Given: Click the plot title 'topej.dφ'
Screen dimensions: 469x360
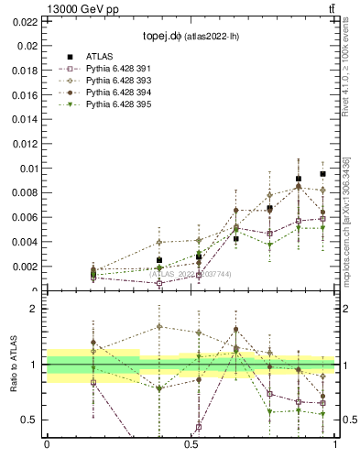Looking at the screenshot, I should pos(162,38).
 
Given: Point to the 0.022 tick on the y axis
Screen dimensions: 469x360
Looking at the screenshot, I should pos(25,21).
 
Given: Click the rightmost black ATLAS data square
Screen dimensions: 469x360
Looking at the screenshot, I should pos(322,174).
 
